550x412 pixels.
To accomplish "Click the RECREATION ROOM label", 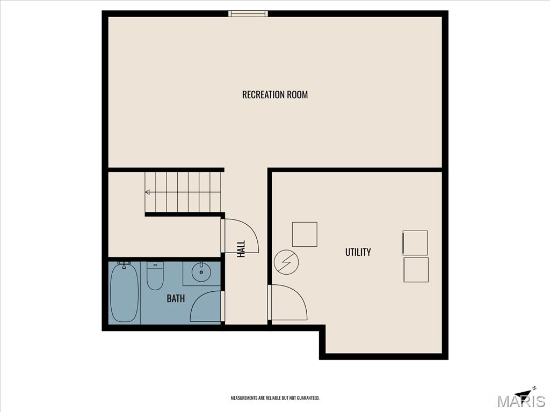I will tap(274, 95).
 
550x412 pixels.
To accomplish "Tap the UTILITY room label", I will tap(358, 252).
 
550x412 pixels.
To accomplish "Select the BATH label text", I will tap(176, 299).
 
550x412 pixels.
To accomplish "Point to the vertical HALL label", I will tap(241, 248).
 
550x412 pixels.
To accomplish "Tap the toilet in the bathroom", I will tap(155, 276).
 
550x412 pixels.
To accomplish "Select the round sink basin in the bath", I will tap(201, 273).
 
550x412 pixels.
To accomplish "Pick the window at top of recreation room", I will tap(248, 13).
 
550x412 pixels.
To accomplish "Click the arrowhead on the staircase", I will tap(148, 192).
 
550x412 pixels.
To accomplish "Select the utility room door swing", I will tap(289, 303).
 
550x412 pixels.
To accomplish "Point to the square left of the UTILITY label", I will tap(305, 234).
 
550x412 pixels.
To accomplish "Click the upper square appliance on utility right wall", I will tap(415, 243).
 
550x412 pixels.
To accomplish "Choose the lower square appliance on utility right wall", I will tap(416, 270).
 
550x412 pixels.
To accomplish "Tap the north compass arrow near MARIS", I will tap(525, 393).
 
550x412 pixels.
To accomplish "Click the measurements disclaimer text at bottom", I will tap(275, 398).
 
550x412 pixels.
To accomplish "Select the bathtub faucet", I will tap(124, 264).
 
